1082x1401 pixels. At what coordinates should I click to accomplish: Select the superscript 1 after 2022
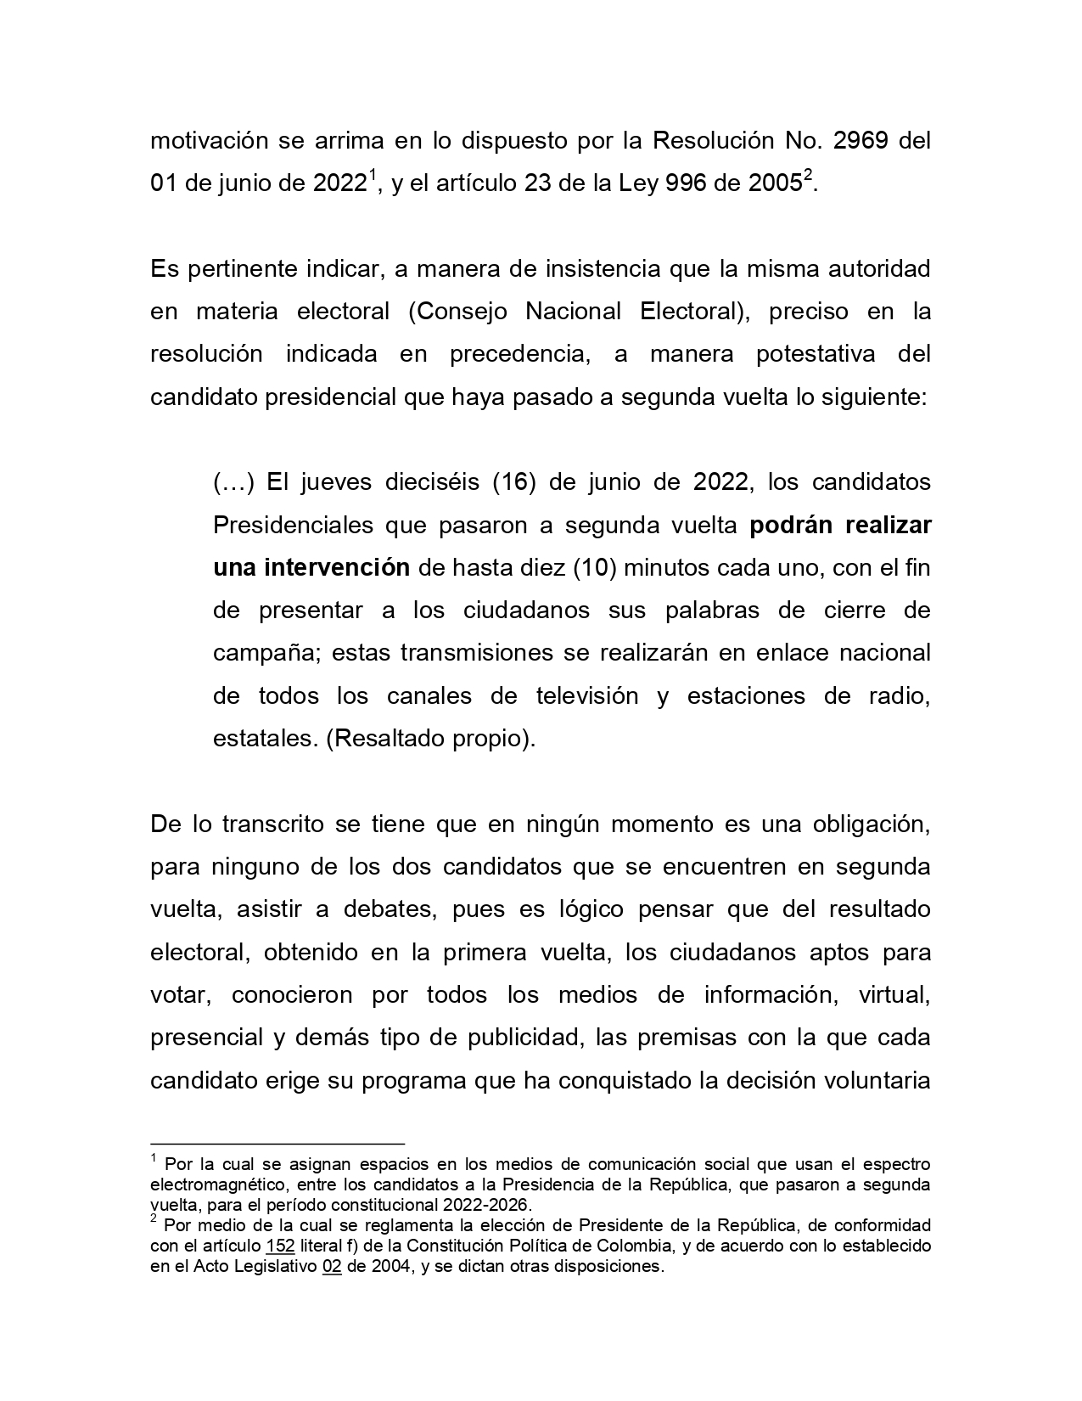coord(371,176)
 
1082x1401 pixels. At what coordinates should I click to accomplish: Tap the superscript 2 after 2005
coord(808,176)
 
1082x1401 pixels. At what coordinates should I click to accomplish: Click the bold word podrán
coord(793,526)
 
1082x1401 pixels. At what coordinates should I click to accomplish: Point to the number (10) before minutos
coord(594,568)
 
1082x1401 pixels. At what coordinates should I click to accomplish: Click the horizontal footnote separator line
coord(277,1144)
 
